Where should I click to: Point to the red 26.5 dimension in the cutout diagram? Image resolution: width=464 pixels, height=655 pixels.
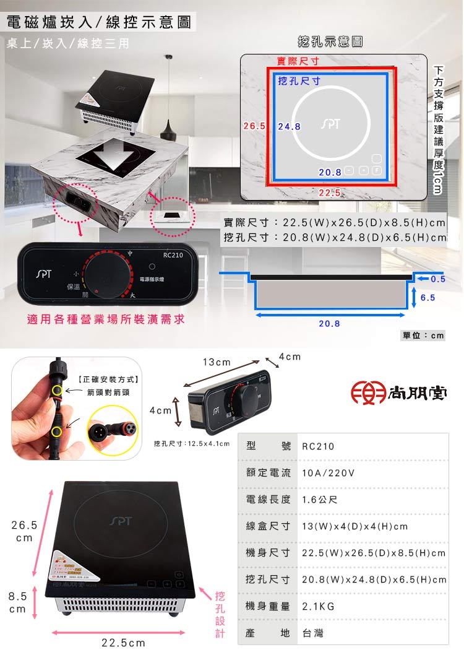pyautogui.click(x=254, y=126)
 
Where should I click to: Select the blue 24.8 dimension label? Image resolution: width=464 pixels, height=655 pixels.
pyautogui.click(x=289, y=126)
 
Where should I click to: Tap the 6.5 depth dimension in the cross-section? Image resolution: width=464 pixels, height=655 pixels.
pyautogui.click(x=427, y=298)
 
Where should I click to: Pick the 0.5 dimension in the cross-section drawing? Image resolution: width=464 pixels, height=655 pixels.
pyautogui.click(x=437, y=279)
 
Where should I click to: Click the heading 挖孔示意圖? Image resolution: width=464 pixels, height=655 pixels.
pyautogui.click(x=330, y=42)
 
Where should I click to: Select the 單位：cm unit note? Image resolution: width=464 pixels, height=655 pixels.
pyautogui.click(x=423, y=335)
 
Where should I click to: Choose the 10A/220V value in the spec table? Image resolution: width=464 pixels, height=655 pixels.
pyautogui.click(x=328, y=473)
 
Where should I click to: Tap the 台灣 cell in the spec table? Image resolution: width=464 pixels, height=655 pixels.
pyautogui.click(x=312, y=633)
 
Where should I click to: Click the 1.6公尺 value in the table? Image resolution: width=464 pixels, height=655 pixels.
pyautogui.click(x=320, y=500)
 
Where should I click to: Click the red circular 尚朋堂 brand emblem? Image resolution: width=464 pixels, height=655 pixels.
pyautogui.click(x=366, y=393)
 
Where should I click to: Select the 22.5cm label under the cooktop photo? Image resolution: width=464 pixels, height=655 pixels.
pyautogui.click(x=124, y=643)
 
